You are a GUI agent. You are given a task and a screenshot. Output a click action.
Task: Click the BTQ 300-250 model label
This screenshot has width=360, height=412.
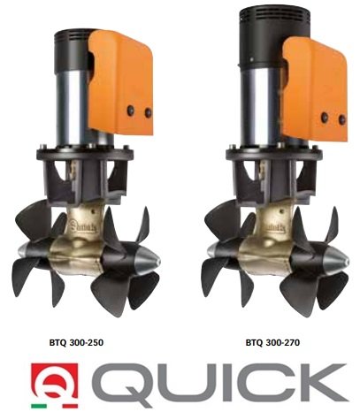(x=76, y=342)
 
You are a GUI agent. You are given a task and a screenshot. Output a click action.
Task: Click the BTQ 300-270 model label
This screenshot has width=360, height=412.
(x=272, y=342)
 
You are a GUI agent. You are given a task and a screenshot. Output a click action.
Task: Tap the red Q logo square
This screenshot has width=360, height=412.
(x=55, y=381)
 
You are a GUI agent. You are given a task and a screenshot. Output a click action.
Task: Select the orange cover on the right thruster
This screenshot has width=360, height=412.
(x=315, y=88)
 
